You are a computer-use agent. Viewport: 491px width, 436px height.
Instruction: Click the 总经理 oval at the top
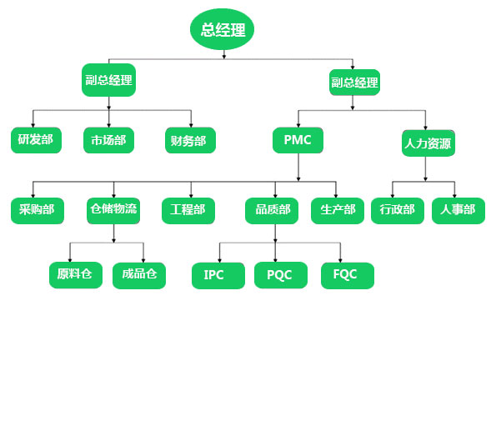click(x=222, y=29)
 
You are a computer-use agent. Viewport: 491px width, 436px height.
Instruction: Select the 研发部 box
click(x=36, y=140)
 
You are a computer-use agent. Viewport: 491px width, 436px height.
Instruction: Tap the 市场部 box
click(x=108, y=140)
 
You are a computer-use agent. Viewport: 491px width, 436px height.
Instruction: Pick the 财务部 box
click(x=190, y=140)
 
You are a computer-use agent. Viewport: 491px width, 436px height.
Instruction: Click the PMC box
click(x=298, y=140)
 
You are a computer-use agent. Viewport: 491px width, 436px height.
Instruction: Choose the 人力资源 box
click(x=428, y=143)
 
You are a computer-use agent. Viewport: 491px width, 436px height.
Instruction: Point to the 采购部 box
click(x=38, y=211)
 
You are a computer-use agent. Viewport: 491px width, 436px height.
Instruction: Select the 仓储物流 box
click(x=113, y=211)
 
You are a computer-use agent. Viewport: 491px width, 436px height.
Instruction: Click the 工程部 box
click(x=188, y=211)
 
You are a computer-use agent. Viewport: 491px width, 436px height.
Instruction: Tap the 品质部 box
click(x=272, y=211)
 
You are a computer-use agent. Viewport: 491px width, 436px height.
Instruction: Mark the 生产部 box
click(x=338, y=211)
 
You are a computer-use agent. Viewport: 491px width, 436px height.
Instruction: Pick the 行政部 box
click(x=398, y=211)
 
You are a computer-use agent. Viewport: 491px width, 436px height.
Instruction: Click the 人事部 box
click(x=458, y=211)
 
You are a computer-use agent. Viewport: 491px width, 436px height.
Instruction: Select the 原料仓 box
click(x=76, y=275)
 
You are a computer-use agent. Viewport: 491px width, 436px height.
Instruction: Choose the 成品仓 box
click(x=139, y=276)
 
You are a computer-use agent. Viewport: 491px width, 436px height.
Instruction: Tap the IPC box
click(x=218, y=276)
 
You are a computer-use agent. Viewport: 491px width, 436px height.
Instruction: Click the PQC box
click(x=281, y=275)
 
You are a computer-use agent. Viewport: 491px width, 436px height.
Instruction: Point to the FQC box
click(x=348, y=276)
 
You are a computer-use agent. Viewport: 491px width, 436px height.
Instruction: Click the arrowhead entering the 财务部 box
click(x=191, y=125)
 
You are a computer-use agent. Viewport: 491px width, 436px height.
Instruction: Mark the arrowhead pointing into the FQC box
click(x=340, y=261)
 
